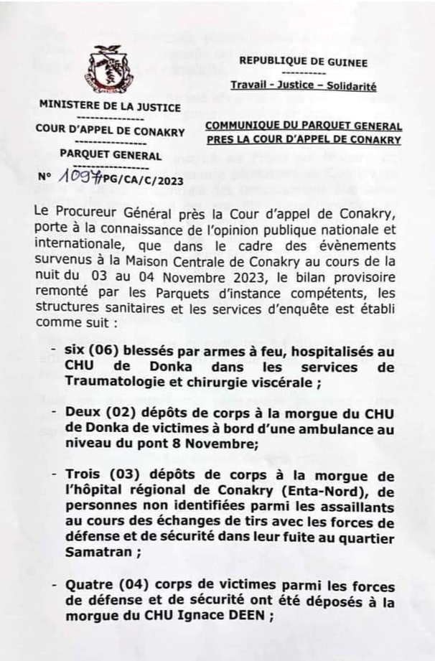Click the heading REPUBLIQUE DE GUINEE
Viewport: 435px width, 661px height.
click(303, 63)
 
